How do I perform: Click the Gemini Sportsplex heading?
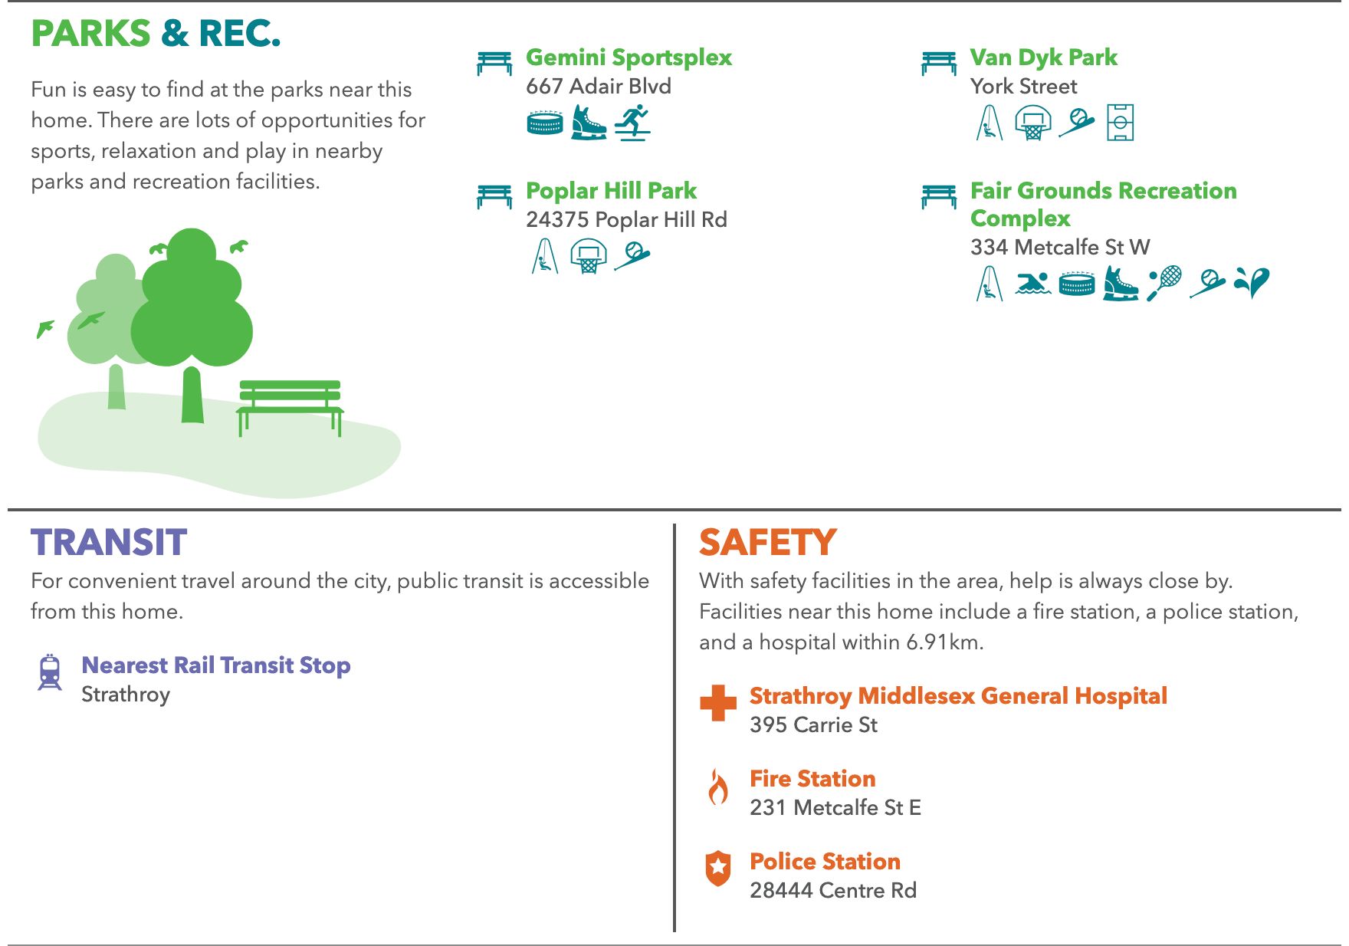(x=629, y=57)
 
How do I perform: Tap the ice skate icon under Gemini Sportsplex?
(x=589, y=123)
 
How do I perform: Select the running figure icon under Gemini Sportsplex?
(x=633, y=123)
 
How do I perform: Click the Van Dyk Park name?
(x=1043, y=57)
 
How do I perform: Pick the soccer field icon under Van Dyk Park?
(x=1120, y=123)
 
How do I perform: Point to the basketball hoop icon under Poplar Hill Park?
(x=589, y=255)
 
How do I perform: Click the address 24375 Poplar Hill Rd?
(x=626, y=220)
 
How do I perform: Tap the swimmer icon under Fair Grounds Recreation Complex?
(x=1033, y=284)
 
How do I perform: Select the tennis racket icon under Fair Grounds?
(x=1164, y=283)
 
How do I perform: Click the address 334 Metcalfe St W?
(x=1060, y=247)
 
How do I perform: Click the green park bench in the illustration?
(x=290, y=407)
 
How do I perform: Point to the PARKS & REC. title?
(x=156, y=34)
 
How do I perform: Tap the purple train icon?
(x=50, y=672)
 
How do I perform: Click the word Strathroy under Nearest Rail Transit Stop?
(x=126, y=695)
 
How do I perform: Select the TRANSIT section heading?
(x=109, y=542)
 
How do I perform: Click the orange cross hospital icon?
(x=718, y=703)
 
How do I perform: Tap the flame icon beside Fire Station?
(x=718, y=787)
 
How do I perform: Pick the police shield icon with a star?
(x=718, y=869)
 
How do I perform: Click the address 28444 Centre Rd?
(x=833, y=891)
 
